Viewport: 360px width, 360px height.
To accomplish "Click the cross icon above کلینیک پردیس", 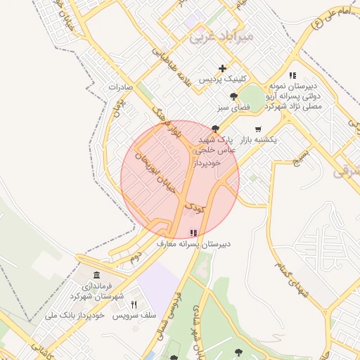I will (223, 69).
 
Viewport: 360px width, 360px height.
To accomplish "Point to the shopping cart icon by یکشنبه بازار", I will (259, 129).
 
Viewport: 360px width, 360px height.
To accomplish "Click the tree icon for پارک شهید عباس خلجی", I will (215, 129).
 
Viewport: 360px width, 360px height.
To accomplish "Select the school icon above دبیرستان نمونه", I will (292, 75).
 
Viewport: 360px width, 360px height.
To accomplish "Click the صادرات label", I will (125, 87).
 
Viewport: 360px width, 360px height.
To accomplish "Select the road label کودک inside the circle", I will (194, 208).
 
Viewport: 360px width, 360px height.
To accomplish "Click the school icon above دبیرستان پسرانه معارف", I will (193, 233).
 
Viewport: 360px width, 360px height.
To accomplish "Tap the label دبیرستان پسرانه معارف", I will (193, 244).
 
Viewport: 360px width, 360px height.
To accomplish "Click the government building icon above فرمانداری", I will (96, 275).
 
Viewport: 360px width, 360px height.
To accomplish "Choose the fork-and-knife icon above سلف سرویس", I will (134, 304).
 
